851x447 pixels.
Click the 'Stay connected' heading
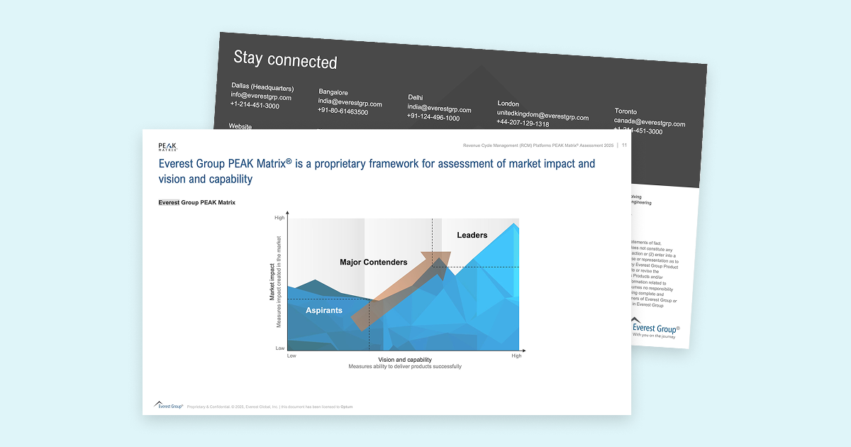285,60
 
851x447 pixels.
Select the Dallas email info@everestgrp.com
260,96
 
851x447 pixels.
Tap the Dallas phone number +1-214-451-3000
255,105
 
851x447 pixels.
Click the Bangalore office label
333,92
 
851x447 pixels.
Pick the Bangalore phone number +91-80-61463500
343,111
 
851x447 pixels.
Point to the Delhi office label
415,97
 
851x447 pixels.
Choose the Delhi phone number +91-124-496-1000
433,118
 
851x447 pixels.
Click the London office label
508,104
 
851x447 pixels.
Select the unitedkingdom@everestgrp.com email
543,116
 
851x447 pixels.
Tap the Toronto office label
625,111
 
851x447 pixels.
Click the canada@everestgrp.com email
650,123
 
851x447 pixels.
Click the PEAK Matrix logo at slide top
167,147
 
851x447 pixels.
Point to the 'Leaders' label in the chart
472,235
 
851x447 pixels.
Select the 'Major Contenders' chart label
373,263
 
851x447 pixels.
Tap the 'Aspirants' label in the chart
324,311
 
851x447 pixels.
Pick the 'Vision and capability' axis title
404,360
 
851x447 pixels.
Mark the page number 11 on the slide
624,145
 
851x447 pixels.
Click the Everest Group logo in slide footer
169,406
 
